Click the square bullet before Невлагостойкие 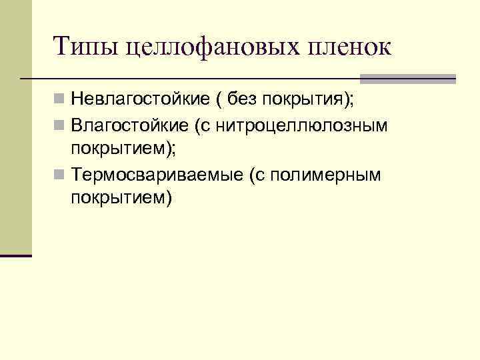click(60, 101)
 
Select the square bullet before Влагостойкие click(60, 126)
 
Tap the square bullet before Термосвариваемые click(60, 175)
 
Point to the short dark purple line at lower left click(16, 255)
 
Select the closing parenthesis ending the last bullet click(169, 197)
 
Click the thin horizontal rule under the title click(200, 79)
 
